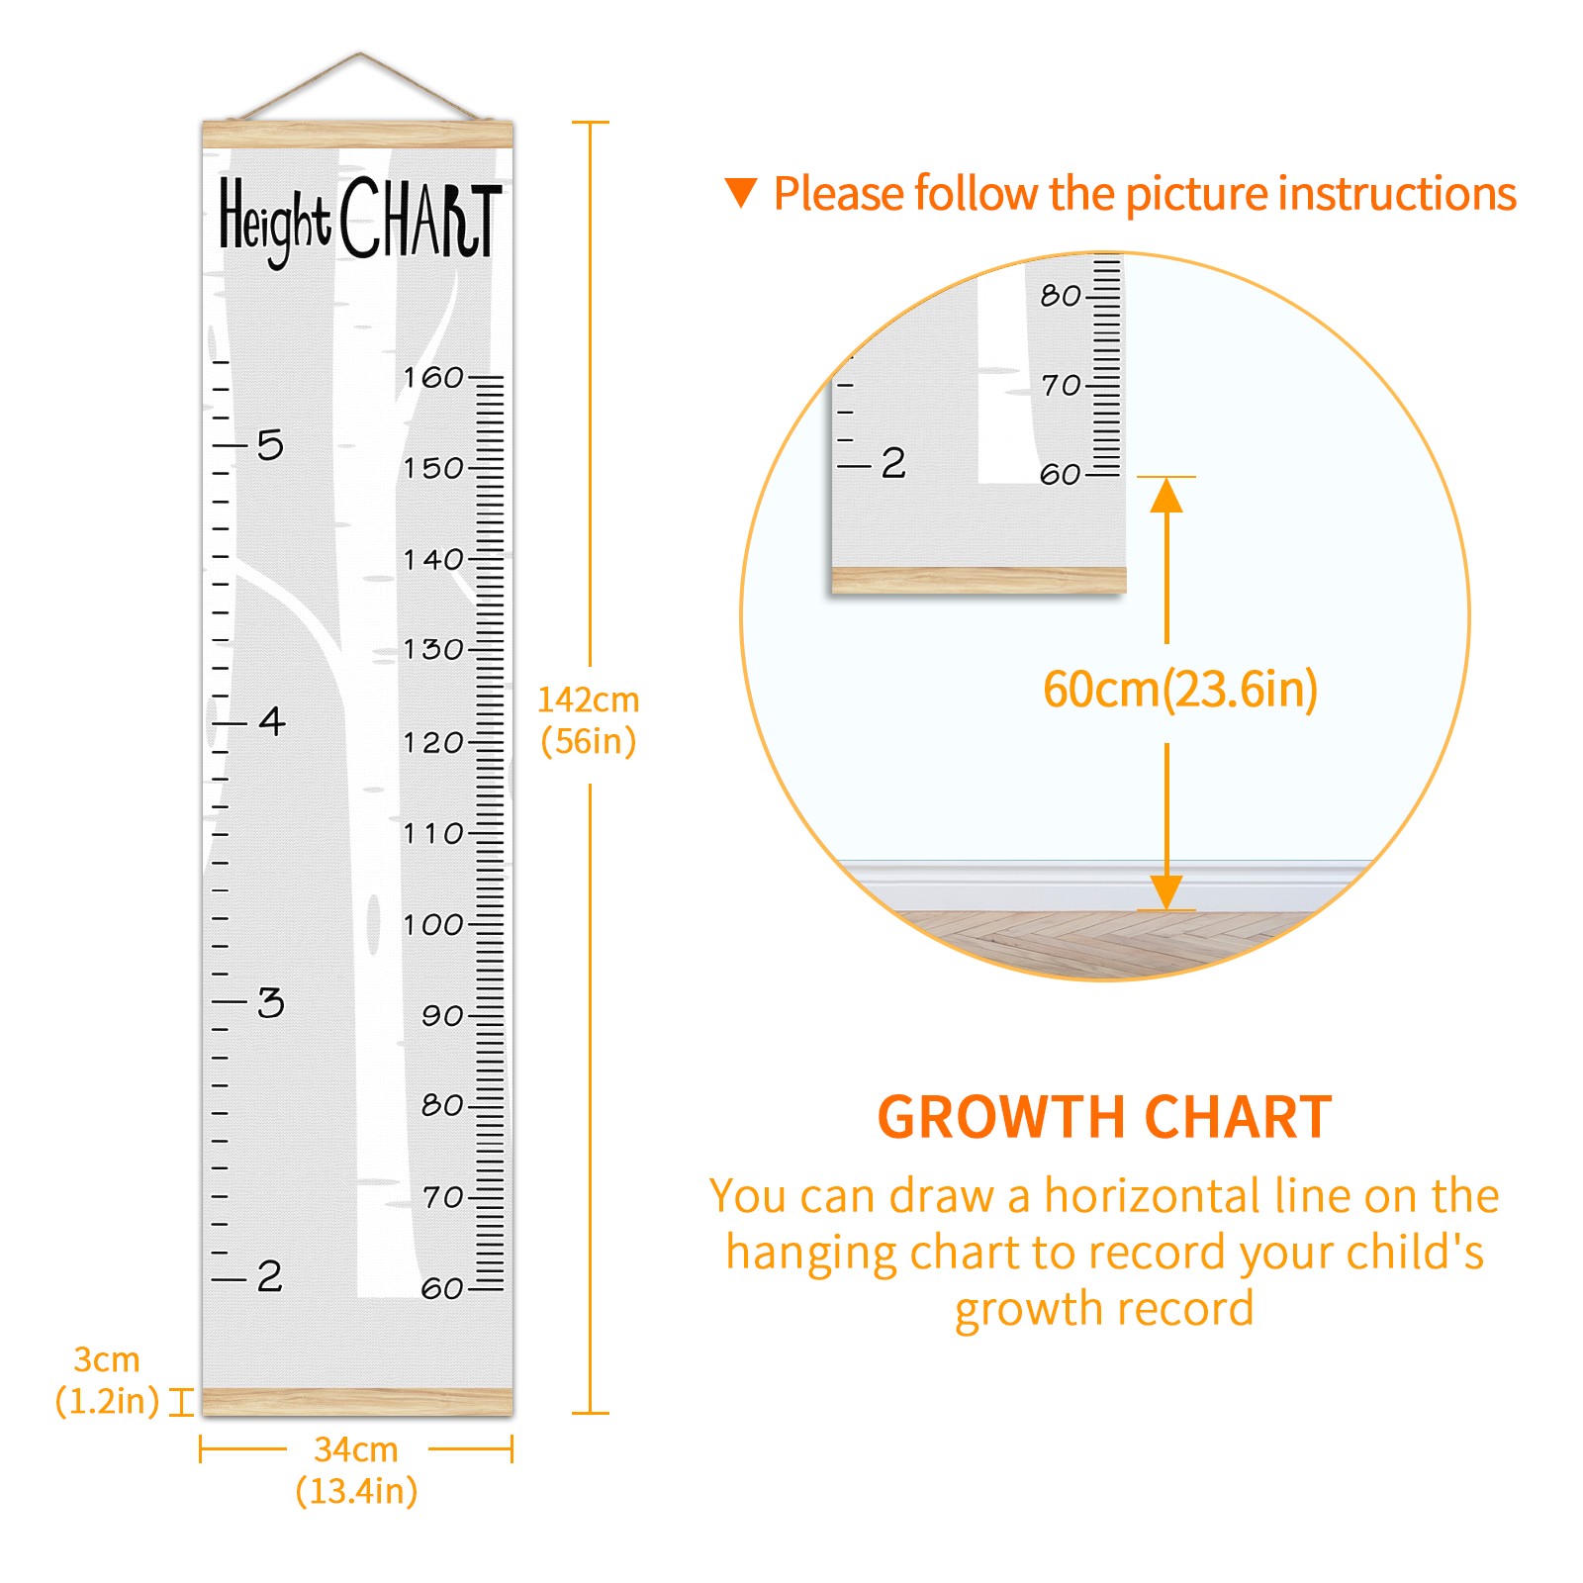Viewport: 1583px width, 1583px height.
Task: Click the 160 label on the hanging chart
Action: tap(432, 377)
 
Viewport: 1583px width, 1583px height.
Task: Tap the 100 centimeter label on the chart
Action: tap(432, 924)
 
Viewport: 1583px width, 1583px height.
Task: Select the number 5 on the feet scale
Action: tap(270, 445)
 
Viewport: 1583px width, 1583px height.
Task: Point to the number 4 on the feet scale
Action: tap(272, 720)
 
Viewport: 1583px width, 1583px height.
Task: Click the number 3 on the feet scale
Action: tap(270, 1002)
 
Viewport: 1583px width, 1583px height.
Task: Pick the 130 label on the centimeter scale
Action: tap(432, 649)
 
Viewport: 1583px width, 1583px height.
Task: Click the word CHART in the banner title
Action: tap(421, 218)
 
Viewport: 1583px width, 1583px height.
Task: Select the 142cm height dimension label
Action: tap(588, 720)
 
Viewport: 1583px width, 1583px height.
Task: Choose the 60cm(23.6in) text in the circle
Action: tap(1180, 690)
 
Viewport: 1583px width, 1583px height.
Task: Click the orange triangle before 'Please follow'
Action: tap(741, 193)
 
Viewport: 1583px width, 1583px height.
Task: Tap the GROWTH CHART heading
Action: tap(1105, 1118)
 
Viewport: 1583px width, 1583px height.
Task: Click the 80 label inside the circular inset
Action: tap(1061, 295)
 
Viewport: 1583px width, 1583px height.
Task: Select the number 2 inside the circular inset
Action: tap(893, 463)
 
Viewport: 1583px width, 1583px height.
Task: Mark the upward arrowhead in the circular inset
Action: tap(1166, 495)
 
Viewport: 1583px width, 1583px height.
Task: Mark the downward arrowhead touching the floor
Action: tap(1166, 892)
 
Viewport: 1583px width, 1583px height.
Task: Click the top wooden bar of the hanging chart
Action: tap(358, 135)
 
